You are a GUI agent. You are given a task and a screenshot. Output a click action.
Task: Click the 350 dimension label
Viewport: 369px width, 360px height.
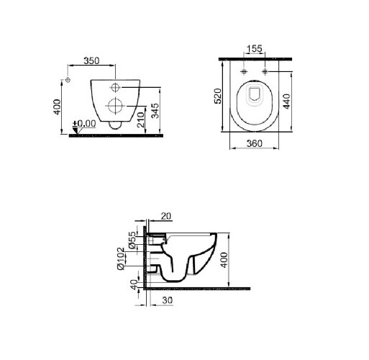click(x=91, y=60)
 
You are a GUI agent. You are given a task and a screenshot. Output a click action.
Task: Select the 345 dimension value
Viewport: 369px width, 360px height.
click(x=155, y=111)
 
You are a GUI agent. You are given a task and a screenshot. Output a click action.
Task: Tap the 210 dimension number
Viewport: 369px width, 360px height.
click(x=141, y=120)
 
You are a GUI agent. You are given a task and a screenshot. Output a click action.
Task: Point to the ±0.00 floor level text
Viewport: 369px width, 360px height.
click(x=84, y=124)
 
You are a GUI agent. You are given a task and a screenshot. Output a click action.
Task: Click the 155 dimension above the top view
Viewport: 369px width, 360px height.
click(x=255, y=49)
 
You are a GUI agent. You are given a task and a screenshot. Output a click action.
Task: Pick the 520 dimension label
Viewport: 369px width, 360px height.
click(x=218, y=96)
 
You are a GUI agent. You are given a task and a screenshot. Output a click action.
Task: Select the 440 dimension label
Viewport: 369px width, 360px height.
click(x=287, y=102)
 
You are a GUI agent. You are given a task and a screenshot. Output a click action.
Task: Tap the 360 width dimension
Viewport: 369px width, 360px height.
click(x=255, y=143)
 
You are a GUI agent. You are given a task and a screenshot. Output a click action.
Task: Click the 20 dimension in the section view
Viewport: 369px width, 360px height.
click(x=166, y=216)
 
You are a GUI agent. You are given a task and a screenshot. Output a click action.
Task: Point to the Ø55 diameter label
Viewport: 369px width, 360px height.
click(x=132, y=240)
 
